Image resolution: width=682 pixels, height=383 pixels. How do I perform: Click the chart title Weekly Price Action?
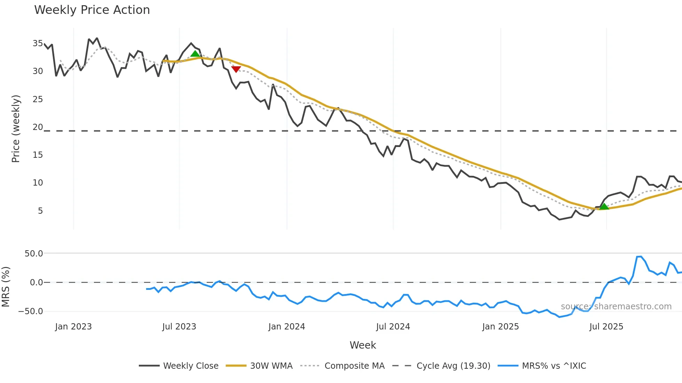(x=92, y=10)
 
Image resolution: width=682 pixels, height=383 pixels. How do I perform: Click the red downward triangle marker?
(x=236, y=69)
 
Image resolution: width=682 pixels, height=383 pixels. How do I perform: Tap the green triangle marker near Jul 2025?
(x=604, y=206)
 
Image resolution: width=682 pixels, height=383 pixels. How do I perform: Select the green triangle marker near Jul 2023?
(x=195, y=54)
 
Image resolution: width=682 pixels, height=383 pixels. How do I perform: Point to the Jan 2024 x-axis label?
(x=287, y=327)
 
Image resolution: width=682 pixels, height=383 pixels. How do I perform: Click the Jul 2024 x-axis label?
(x=393, y=327)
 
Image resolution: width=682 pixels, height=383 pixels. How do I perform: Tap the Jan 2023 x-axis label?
(x=73, y=327)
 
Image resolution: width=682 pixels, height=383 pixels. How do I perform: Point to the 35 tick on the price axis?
(x=38, y=43)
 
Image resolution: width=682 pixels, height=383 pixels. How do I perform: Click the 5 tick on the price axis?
(x=40, y=211)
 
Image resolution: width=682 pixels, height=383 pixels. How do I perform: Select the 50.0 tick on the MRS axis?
(x=34, y=254)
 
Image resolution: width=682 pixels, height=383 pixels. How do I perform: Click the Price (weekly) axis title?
(x=16, y=129)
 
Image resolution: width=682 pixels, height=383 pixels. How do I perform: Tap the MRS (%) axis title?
(x=6, y=287)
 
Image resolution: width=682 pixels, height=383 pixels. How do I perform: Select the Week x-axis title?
(x=363, y=345)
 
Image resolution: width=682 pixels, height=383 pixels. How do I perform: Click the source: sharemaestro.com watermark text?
(x=616, y=307)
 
